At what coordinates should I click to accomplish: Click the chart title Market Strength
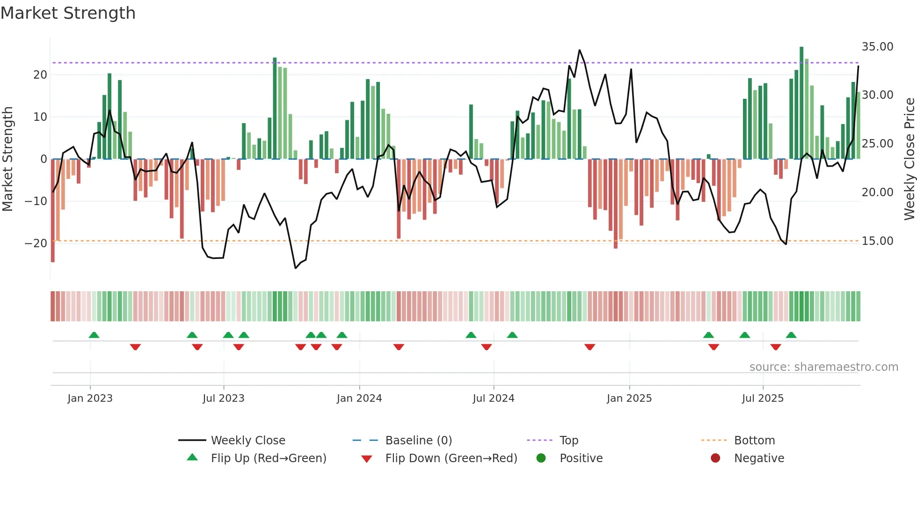(68, 13)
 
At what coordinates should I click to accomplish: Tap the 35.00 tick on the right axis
(877, 47)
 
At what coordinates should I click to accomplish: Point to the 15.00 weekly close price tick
(877, 241)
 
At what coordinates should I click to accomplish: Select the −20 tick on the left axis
(36, 243)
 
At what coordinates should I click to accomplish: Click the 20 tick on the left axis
(40, 75)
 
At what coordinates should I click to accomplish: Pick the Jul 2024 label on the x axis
(493, 398)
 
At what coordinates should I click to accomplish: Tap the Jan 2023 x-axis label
(90, 398)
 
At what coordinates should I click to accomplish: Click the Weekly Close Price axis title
(909, 159)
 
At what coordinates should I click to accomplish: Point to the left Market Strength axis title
(7, 159)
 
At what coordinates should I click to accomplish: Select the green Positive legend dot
(541, 458)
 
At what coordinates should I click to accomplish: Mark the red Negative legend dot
(715, 458)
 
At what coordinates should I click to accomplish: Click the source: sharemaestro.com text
(823, 367)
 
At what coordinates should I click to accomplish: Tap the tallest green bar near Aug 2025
(801, 103)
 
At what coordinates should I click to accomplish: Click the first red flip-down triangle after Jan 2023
(135, 347)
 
